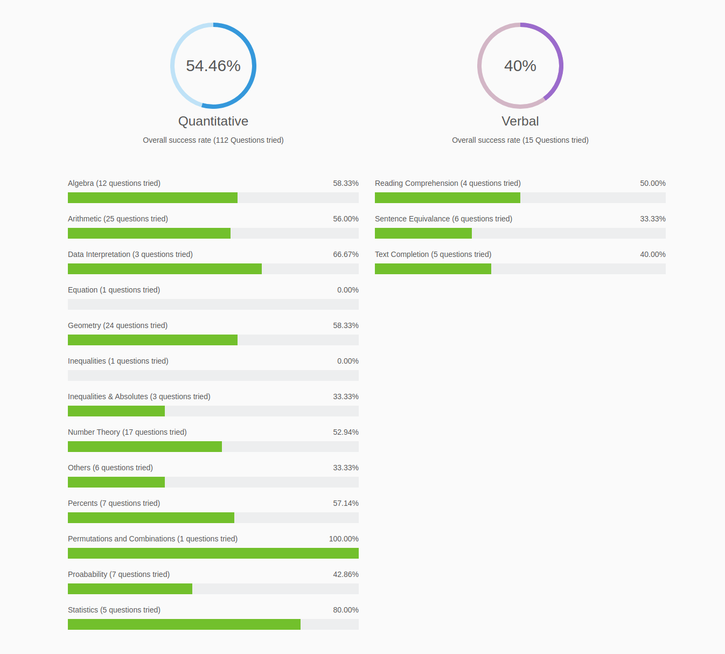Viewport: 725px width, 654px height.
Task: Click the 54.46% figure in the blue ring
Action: coord(213,66)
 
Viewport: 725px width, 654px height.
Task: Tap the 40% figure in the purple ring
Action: coord(520,66)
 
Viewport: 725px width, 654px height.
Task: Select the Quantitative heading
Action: coord(213,121)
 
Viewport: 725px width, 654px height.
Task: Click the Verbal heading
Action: coord(520,121)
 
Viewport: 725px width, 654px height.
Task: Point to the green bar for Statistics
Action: coord(184,624)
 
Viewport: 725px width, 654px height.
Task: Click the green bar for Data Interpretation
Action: coord(165,269)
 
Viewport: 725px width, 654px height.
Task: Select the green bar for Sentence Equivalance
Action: coord(423,233)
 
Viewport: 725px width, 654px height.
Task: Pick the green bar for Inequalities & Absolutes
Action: coord(116,411)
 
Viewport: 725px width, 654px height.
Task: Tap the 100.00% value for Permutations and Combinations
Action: coord(344,539)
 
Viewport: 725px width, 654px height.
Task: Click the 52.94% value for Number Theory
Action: coord(346,432)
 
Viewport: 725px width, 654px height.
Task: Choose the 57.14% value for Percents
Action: coord(346,503)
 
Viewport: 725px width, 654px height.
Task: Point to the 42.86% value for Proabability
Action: coord(346,574)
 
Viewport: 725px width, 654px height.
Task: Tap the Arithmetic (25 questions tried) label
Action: coord(118,219)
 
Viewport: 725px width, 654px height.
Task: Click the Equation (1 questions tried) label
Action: coord(114,290)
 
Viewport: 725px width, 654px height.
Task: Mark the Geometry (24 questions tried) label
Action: coord(117,325)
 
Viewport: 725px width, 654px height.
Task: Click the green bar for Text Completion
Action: coord(433,269)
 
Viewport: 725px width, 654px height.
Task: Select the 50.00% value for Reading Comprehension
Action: coord(653,183)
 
